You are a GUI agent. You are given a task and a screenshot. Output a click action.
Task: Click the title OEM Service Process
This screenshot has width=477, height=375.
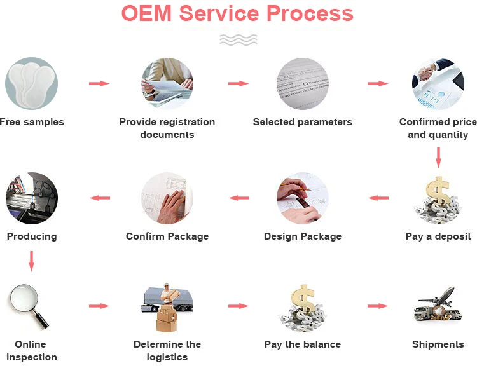click(237, 14)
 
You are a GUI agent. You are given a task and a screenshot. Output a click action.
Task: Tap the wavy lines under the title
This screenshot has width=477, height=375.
click(238, 39)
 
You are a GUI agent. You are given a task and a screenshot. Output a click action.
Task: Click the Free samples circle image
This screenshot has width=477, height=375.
click(31, 83)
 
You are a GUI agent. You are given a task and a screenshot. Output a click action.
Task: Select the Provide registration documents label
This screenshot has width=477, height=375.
click(167, 128)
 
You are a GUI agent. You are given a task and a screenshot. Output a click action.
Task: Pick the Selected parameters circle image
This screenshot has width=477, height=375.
click(302, 83)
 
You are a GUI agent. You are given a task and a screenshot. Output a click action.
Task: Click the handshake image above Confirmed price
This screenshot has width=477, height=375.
click(438, 83)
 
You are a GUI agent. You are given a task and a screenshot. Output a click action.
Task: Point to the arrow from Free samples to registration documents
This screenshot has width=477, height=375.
click(99, 83)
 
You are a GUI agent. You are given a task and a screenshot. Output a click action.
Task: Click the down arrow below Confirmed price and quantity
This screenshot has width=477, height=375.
click(438, 157)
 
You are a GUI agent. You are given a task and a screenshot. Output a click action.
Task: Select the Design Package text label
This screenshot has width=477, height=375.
click(303, 236)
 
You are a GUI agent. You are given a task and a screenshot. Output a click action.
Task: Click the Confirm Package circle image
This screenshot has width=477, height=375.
click(167, 198)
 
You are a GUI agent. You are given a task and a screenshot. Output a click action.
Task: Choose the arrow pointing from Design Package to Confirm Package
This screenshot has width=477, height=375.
click(239, 198)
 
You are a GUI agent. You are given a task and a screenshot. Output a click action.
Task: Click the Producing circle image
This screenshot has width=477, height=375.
click(31, 198)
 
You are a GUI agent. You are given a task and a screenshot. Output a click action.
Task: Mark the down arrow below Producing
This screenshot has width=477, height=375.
click(31, 261)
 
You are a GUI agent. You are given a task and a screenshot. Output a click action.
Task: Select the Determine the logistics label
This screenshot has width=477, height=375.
click(167, 351)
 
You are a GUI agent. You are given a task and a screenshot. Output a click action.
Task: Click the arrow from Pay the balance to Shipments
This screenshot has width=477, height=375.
click(377, 306)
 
